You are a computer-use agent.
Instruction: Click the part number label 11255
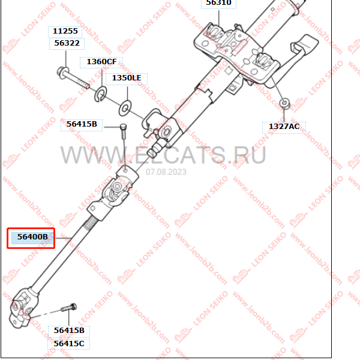65,31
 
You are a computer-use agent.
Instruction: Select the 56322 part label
67,43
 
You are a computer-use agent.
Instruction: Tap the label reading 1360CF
101,62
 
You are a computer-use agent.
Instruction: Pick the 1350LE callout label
127,78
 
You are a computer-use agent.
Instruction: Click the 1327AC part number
284,127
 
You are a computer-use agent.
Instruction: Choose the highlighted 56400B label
32,237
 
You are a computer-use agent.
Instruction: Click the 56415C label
69,344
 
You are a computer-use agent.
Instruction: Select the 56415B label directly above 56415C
69,331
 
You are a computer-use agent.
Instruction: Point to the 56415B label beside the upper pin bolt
82,124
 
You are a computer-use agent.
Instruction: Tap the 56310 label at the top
218,3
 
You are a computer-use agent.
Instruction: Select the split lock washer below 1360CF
101,94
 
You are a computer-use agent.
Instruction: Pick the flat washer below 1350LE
125,108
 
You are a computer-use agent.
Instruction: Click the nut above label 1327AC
285,103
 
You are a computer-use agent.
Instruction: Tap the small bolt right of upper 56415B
124,131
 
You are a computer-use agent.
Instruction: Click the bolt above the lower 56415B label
68,307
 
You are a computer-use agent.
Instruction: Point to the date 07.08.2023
166,172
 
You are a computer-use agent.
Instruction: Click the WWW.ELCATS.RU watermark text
163,155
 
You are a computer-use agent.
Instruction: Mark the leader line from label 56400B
64,238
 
